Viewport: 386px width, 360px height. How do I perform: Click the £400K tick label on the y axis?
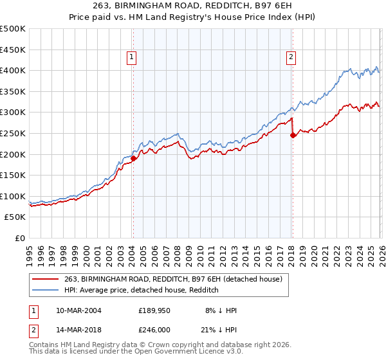13,70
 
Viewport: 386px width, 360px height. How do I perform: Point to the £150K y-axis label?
13,175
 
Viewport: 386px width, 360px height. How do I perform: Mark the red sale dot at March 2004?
133,158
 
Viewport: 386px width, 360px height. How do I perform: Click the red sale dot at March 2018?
293,135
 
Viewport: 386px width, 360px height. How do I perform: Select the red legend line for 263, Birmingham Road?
46,279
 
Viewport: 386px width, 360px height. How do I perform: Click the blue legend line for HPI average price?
46,290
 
